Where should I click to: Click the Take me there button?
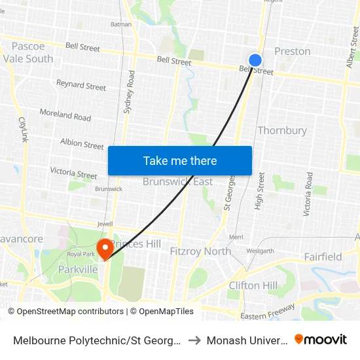pos(180,161)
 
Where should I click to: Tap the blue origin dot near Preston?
pos(255,60)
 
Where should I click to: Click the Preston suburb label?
pos(293,51)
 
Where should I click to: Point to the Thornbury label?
pos(282,130)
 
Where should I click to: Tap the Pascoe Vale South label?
pos(28,52)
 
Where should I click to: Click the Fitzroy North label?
pos(200,251)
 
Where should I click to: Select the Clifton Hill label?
pos(253,285)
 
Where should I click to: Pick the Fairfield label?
pos(323,257)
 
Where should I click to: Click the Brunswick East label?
pos(178,182)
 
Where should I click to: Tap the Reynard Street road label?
pos(81,86)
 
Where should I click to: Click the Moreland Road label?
pos(65,115)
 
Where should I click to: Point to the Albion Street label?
pos(82,143)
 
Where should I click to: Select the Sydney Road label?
pos(129,92)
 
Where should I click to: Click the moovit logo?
pos(321,340)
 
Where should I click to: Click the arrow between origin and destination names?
pos(195,340)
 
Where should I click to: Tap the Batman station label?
pos(121,25)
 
